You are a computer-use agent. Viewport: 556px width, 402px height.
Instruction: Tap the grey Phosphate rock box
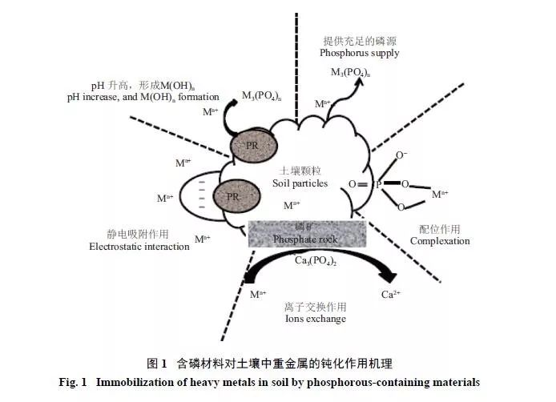coord(308,233)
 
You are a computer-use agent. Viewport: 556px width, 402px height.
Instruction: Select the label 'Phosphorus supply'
coord(359,53)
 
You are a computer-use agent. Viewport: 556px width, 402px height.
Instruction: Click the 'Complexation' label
coord(440,241)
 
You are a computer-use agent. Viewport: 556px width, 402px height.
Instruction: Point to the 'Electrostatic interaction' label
coord(139,247)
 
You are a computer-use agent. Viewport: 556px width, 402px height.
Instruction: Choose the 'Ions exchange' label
coord(315,319)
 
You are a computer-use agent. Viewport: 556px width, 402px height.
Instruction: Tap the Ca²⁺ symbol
coord(391,294)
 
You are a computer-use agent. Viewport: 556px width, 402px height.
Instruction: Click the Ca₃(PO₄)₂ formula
coord(314,260)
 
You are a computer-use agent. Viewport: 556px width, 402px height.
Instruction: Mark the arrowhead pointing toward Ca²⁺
coord(389,276)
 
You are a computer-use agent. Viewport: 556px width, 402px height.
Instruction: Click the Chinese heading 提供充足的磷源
coord(360,40)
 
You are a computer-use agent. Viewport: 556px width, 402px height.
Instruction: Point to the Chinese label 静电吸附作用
coord(139,234)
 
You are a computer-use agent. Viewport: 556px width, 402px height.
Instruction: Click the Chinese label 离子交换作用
coord(315,306)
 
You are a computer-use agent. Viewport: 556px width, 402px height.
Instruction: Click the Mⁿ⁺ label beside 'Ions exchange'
coord(258,294)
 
